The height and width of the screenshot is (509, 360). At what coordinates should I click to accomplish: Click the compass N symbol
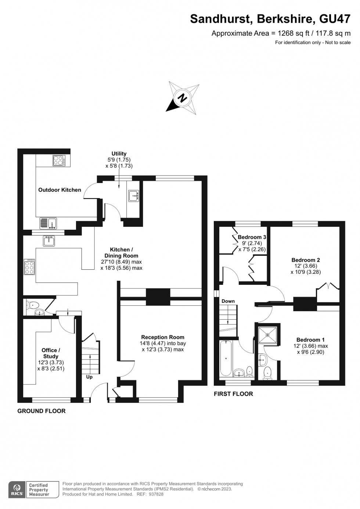tap(182, 98)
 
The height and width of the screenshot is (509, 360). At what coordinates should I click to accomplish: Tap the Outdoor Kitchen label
tap(60, 190)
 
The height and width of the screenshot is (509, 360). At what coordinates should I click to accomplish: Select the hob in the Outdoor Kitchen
tap(59, 160)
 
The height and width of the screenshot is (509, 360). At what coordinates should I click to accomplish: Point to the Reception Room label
tap(163, 337)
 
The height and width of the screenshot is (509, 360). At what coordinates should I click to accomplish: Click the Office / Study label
tap(51, 353)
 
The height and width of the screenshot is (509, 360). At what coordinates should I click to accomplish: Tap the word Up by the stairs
tap(89, 377)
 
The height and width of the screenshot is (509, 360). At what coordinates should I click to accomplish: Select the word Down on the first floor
tap(228, 301)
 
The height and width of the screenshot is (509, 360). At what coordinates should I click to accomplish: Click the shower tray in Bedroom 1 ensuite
tap(267, 334)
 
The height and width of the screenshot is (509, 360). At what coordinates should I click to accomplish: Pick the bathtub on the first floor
tap(226, 358)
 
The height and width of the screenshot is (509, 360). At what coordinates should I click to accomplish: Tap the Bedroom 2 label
tap(306, 260)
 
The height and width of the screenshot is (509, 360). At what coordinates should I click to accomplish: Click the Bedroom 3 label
tap(252, 237)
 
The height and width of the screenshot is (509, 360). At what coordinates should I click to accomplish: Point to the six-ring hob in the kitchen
tap(29, 267)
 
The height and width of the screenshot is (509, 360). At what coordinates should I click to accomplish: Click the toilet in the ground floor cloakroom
tap(32, 304)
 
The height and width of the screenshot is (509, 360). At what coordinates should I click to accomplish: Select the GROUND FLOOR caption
tap(42, 411)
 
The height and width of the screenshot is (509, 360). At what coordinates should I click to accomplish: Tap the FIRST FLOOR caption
tap(233, 394)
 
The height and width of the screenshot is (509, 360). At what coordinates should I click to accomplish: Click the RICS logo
tap(17, 489)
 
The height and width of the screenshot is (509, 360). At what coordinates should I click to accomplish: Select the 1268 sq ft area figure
tap(294, 33)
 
